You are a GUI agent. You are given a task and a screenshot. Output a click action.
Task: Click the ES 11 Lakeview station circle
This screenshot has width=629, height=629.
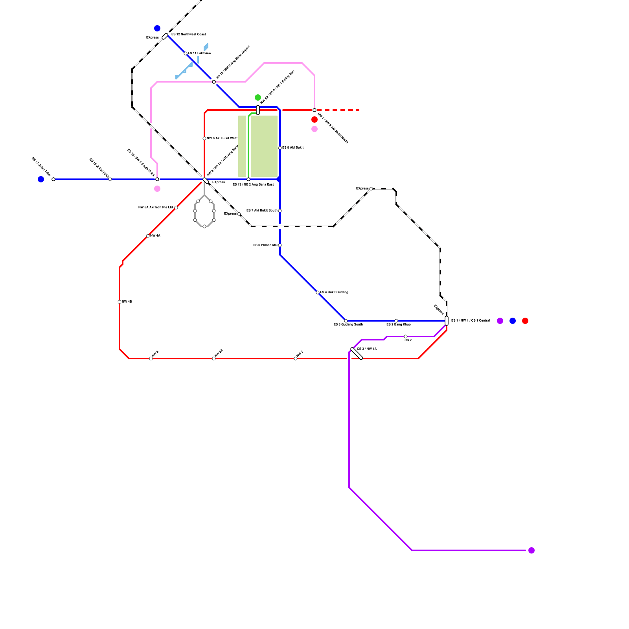click(x=186, y=53)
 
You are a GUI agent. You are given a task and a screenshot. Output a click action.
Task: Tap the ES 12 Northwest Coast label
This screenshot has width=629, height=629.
click(x=188, y=35)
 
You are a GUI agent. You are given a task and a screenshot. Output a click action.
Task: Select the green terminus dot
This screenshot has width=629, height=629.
click(x=258, y=97)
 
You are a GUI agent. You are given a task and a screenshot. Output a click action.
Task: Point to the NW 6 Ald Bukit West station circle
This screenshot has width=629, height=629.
click(x=204, y=138)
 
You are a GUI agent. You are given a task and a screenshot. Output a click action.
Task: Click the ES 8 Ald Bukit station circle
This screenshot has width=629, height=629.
click(x=280, y=148)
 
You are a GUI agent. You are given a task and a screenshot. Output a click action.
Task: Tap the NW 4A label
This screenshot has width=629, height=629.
click(x=155, y=236)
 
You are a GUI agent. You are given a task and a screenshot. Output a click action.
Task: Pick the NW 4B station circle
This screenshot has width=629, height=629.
click(x=120, y=302)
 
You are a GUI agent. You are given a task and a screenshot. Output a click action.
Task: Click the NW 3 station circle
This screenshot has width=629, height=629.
click(x=151, y=359)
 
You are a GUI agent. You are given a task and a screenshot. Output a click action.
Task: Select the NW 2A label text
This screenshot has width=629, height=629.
click(x=219, y=353)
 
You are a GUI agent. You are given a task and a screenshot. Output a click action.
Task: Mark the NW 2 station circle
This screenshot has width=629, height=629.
click(x=296, y=359)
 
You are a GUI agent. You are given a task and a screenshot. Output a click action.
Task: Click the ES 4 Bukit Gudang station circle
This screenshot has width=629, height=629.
click(x=318, y=292)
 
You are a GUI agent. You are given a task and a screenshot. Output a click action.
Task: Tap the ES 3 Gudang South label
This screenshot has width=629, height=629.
click(x=348, y=325)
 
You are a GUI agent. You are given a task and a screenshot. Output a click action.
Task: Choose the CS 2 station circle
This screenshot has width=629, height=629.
click(x=406, y=337)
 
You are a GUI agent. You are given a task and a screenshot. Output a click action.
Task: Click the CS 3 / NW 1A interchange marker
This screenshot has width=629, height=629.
click(x=357, y=353)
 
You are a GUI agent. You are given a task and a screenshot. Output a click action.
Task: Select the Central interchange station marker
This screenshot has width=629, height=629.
click(x=447, y=321)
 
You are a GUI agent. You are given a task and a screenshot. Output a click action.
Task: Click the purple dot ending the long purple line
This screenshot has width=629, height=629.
click(x=532, y=550)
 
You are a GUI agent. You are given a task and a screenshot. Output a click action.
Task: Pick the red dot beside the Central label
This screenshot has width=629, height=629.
click(x=525, y=321)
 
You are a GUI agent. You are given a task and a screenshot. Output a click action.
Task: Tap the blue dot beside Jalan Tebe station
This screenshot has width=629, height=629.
click(x=41, y=179)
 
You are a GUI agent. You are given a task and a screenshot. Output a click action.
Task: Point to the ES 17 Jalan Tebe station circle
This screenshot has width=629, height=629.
click(x=53, y=179)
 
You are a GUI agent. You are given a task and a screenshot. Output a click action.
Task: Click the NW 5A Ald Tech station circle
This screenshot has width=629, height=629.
click(x=176, y=208)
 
